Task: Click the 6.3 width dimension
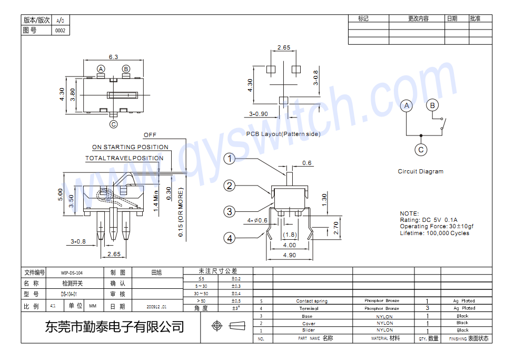tap(113, 57)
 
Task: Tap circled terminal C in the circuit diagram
tap(421, 150)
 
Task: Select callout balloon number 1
tap(229, 159)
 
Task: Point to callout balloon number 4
tap(229, 238)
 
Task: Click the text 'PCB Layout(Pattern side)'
tap(283, 134)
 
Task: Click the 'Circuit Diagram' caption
tap(420, 171)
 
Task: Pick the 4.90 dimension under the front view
tap(289, 255)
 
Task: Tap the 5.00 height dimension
tap(61, 194)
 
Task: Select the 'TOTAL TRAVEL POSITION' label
tap(124, 158)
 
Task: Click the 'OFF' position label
tap(150, 135)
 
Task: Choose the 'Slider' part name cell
tap(309, 330)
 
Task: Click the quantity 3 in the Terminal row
tap(427, 308)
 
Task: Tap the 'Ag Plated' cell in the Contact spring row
tap(464, 301)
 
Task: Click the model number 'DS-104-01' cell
tap(68, 294)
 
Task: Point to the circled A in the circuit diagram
tap(406, 106)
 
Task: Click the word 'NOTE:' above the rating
tap(409, 214)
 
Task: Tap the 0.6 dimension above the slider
tap(306, 163)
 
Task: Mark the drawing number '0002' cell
tap(60, 31)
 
